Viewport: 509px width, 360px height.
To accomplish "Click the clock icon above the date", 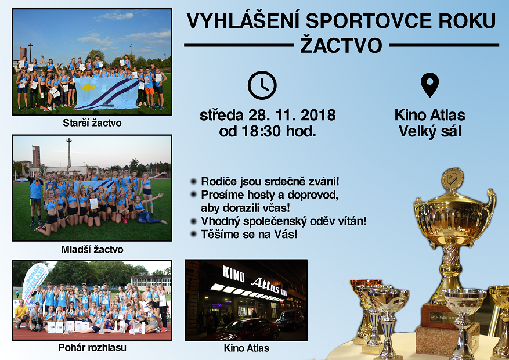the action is pyautogui.click(x=262, y=85).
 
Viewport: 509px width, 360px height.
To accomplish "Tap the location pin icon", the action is pyautogui.click(x=430, y=85).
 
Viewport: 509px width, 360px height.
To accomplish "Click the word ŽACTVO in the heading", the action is pyautogui.click(x=341, y=45).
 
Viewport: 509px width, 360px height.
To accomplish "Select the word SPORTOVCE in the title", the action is pyautogui.click(x=369, y=21).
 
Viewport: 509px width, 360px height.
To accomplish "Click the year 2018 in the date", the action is pyautogui.click(x=318, y=115).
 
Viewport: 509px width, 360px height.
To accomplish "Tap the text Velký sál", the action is pyautogui.click(x=430, y=131).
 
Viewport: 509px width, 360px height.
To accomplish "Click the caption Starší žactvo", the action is pyautogui.click(x=92, y=123).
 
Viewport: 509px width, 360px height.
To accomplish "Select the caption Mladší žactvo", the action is pyautogui.click(x=92, y=249).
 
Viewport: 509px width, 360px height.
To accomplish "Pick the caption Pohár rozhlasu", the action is pyautogui.click(x=92, y=348).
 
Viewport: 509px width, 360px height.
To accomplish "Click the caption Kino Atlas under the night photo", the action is pyautogui.click(x=247, y=348).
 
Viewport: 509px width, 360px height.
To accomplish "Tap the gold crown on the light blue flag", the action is pyautogui.click(x=88, y=87).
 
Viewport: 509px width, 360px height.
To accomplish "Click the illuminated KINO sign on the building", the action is pyautogui.click(x=233, y=273).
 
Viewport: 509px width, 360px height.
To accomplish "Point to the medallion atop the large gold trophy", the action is pyautogui.click(x=452, y=178).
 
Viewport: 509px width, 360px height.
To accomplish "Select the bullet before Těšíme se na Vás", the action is pyautogui.click(x=193, y=234).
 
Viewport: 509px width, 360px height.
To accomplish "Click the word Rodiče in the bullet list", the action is pyautogui.click(x=216, y=181).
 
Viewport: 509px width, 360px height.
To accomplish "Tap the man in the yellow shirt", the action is pyautogui.click(x=21, y=313).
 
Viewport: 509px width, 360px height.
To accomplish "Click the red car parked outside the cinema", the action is pyautogui.click(x=247, y=329).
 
